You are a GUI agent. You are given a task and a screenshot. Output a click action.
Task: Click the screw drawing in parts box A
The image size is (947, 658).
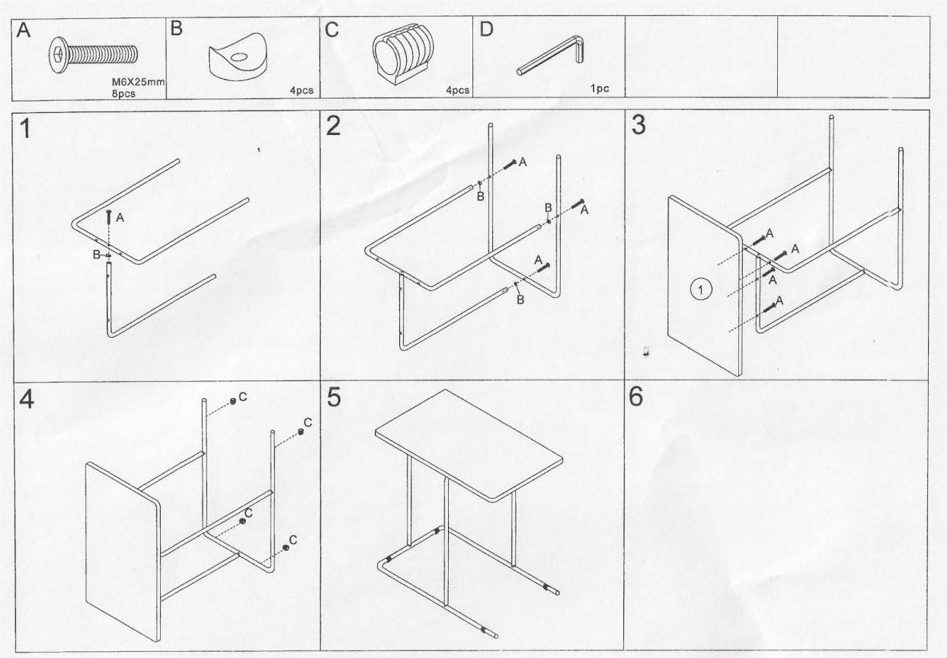94,55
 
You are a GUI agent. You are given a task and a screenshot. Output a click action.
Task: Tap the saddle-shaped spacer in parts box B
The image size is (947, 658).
238,56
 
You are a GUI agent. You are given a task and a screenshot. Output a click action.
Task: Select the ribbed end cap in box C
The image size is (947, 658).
403,53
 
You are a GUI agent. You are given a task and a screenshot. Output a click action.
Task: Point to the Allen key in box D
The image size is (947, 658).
550,55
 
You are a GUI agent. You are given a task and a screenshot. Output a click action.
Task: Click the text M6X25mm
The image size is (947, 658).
138,82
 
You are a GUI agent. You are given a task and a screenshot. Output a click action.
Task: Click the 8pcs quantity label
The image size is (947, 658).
123,94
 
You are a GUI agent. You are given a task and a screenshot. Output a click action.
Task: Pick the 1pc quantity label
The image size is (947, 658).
600,88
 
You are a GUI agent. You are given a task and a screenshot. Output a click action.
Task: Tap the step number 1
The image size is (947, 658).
25,128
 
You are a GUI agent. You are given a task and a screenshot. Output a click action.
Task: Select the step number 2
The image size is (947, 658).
333,126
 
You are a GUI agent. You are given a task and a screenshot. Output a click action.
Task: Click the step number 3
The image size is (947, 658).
638,125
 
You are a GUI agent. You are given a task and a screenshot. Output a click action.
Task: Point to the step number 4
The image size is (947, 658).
26,399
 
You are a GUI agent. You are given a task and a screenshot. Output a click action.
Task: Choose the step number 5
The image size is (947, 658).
334,397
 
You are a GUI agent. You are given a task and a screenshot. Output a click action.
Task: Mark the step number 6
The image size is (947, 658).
636,396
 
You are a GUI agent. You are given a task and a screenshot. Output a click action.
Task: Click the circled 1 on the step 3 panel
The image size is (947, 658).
701,290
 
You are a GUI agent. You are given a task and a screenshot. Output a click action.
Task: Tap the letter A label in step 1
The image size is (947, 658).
120,217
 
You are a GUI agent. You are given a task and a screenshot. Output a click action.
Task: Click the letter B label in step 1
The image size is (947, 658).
97,255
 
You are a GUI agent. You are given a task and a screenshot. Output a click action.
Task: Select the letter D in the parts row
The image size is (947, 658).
486,29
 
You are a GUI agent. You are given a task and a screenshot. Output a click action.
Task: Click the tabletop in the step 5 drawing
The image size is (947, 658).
469,445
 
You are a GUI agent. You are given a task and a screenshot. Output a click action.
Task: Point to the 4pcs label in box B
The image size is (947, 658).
302,90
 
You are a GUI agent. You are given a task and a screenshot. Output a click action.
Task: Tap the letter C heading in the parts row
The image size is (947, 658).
332,30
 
